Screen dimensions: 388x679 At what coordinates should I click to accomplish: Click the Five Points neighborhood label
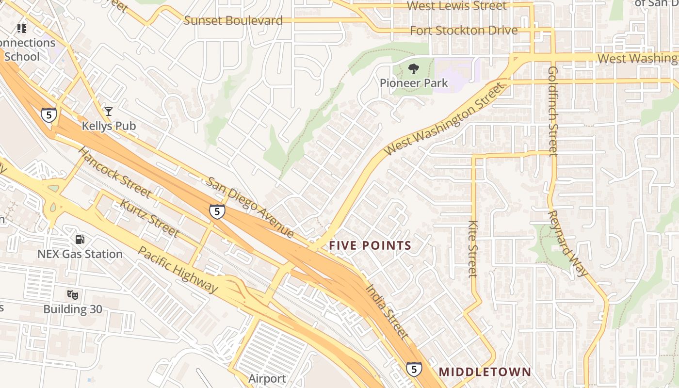(x=370, y=246)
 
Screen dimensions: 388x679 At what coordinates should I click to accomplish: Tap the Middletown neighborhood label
(x=485, y=372)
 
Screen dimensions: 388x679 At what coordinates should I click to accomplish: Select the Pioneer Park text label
(x=414, y=83)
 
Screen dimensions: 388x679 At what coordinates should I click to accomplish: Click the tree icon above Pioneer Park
(x=413, y=69)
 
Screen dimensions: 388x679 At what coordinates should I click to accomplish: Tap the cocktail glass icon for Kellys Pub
(x=108, y=112)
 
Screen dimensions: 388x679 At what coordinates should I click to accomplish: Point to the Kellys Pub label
(x=109, y=126)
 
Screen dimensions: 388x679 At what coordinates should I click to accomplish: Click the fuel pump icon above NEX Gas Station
(x=80, y=239)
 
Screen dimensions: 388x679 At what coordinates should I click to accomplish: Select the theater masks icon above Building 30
(x=73, y=294)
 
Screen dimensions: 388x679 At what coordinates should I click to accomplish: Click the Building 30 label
(x=73, y=309)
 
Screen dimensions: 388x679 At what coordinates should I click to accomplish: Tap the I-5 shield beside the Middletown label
(x=414, y=370)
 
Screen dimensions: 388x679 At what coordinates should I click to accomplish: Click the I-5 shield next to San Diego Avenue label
(x=217, y=212)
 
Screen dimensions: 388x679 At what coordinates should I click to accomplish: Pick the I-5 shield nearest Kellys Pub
(x=48, y=115)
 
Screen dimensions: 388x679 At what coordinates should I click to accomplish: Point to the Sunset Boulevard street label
(x=233, y=21)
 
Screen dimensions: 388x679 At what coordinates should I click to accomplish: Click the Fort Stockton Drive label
(x=464, y=31)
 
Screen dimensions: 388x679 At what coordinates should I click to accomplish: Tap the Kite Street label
(x=473, y=249)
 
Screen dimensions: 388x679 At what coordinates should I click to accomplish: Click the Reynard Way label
(x=567, y=243)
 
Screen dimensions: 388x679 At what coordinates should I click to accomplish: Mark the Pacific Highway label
(x=178, y=269)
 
